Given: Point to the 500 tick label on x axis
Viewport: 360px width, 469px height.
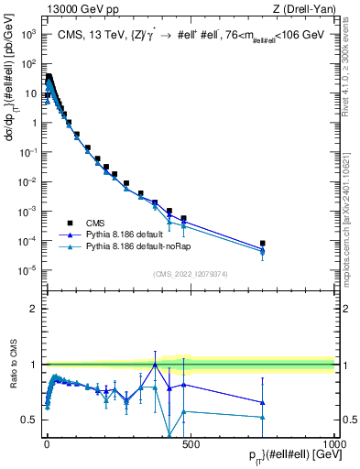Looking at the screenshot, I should pos(190,442).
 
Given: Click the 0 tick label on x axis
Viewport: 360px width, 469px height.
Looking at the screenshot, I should pos(47,442).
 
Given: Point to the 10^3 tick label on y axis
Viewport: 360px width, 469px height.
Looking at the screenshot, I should pos(27,34).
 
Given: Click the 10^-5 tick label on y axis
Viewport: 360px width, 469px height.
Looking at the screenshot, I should pos(27,270).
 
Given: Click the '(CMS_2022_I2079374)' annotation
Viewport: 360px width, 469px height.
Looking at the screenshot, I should pos(190,273).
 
